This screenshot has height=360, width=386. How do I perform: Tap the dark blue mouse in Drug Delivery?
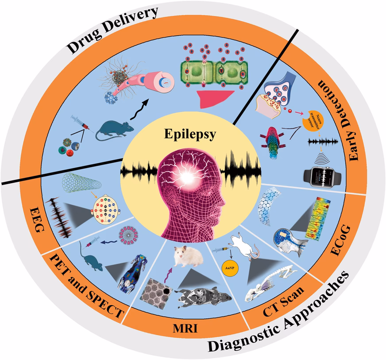click(114, 130)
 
